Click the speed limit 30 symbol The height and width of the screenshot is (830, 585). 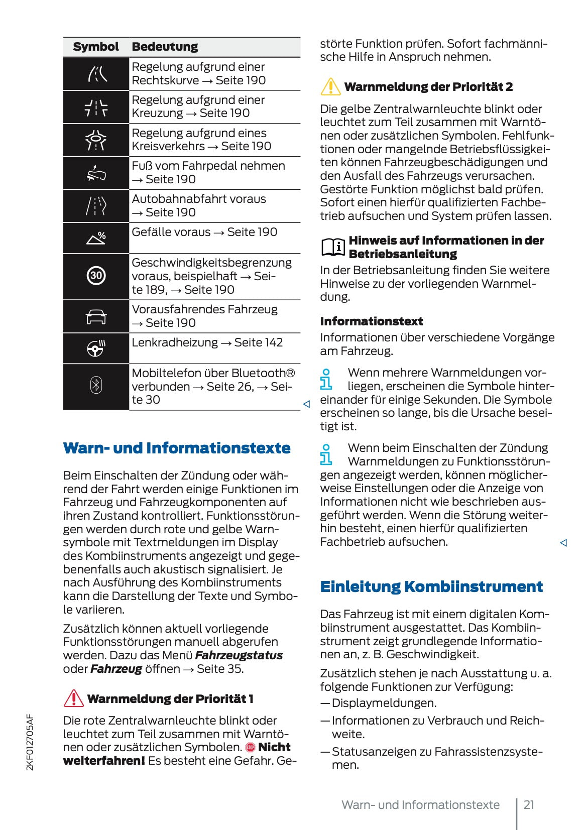pos(96,276)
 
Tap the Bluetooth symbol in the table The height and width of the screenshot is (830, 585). pos(96,386)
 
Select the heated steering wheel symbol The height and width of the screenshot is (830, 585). pos(96,347)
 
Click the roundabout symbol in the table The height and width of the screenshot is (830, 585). pos(96,140)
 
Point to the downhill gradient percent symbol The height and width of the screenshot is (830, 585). pos(96,238)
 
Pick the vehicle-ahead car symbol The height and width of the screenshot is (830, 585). pos(96,317)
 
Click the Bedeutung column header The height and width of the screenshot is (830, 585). pos(165,47)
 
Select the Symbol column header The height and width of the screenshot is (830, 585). pos(96,47)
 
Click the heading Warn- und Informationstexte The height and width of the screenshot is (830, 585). pos(177,448)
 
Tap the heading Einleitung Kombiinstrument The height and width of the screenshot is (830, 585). pos(431,586)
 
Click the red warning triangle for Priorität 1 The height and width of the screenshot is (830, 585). pos(73,698)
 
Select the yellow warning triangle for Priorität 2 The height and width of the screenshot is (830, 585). pos(330,86)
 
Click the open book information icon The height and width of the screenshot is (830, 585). pos(332,247)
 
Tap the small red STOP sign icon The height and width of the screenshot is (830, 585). pos(250,748)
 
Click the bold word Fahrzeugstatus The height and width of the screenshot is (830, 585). pos(239,655)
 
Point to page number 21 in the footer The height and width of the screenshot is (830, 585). pos(529,805)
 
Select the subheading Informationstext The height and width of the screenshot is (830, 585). pos(371,321)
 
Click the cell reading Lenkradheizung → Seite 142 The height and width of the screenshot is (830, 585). pos(207,342)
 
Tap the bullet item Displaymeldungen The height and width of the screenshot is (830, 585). pos(384,703)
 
